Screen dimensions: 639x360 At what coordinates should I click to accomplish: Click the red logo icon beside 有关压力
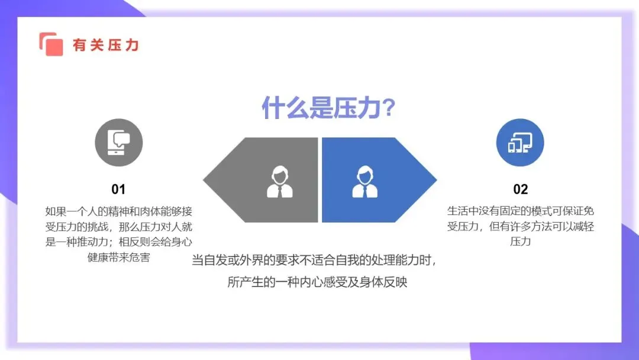(51, 44)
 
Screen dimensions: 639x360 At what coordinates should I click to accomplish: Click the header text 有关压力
(105, 45)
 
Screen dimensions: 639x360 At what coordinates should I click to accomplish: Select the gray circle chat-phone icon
(119, 143)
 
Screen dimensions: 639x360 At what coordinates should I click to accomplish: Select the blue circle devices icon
(520, 143)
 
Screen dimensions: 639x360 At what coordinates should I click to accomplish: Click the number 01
(118, 189)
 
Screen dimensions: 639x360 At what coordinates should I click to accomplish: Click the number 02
(520, 189)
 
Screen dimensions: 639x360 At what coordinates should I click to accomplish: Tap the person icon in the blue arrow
(364, 181)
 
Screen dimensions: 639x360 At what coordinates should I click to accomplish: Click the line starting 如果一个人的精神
(118, 211)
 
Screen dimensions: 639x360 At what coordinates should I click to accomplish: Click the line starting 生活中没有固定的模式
(520, 211)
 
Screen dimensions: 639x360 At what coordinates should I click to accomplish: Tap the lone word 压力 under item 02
(520, 242)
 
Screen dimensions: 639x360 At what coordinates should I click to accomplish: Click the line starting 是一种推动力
(118, 242)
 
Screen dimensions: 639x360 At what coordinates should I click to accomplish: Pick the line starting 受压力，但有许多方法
(520, 227)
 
